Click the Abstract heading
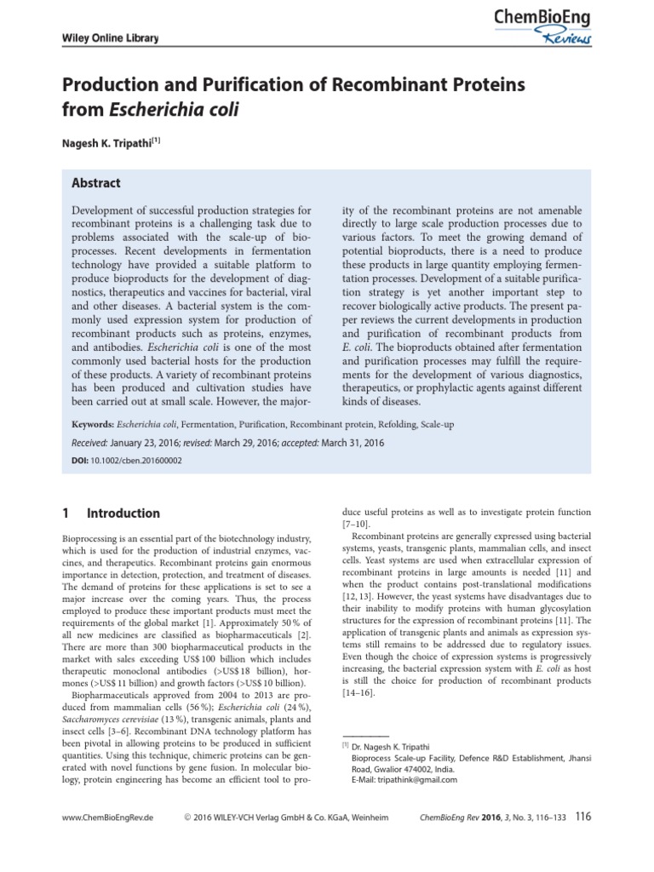coord(95,183)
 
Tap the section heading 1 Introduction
coord(112,513)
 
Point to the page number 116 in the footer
coord(582,817)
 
